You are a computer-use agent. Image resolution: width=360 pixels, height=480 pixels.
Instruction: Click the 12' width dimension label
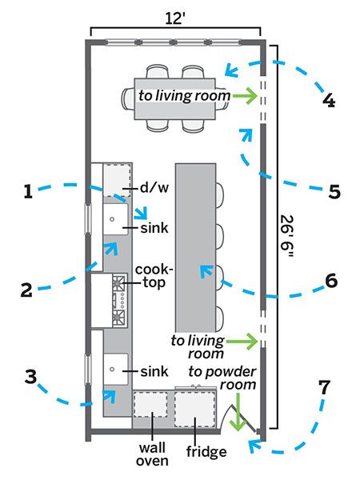(x=175, y=18)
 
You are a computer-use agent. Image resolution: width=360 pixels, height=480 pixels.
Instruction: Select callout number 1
(x=28, y=191)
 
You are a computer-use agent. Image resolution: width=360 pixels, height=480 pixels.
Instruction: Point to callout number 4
(x=329, y=100)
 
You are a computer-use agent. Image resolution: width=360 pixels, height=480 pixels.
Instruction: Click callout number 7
(x=325, y=387)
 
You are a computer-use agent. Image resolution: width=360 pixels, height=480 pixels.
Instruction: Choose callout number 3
(x=31, y=377)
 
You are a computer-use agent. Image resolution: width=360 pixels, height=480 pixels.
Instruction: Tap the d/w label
(x=154, y=187)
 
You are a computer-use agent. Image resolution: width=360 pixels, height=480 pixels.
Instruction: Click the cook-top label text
(x=154, y=276)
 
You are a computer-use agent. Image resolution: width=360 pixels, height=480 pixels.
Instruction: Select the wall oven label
(x=152, y=454)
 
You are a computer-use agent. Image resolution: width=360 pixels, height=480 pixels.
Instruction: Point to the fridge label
(x=206, y=451)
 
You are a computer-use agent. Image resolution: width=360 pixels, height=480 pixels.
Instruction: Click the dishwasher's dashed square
(x=118, y=179)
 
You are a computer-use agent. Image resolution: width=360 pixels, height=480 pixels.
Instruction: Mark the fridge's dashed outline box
(x=195, y=410)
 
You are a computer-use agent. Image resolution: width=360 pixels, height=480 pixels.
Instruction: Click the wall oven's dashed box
(x=151, y=404)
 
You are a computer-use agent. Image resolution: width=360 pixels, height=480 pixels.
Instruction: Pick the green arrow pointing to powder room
(x=238, y=412)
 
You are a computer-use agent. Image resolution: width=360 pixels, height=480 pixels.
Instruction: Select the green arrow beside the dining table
(x=245, y=96)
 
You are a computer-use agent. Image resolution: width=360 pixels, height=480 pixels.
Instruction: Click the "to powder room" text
(x=222, y=378)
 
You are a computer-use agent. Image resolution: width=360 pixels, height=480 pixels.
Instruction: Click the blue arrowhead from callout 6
(x=206, y=271)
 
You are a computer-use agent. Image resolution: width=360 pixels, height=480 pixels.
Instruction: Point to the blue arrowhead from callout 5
(x=246, y=134)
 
